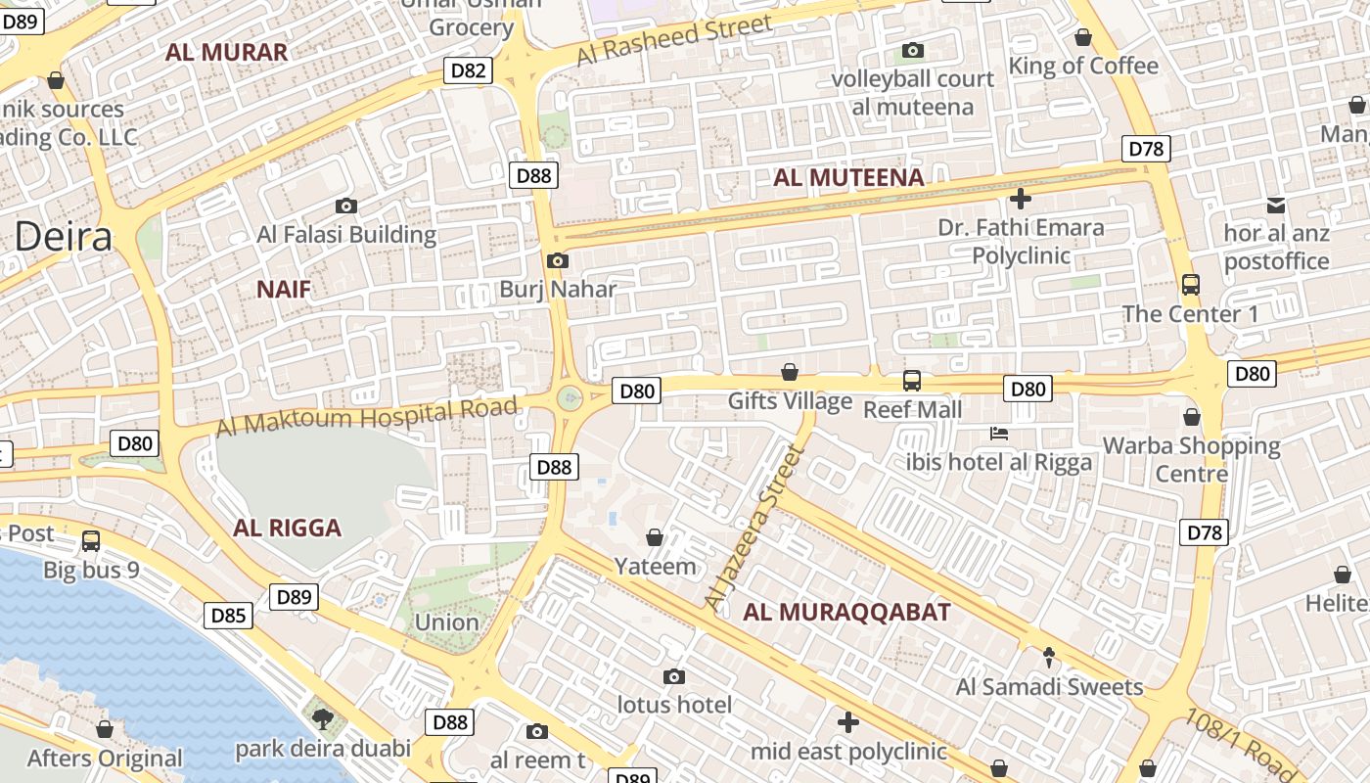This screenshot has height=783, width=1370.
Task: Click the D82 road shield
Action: [468, 69]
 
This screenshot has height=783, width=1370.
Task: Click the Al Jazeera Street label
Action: [753, 529]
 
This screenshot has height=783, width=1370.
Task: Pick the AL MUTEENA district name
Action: [848, 177]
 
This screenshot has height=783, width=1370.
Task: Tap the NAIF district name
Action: [284, 289]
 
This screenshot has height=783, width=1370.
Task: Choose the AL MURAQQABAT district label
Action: [846, 613]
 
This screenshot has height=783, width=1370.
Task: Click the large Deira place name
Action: [64, 236]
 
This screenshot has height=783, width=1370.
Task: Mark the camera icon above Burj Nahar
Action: [558, 260]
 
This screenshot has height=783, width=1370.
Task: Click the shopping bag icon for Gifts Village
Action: [790, 372]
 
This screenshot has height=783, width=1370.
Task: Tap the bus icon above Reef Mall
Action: [912, 380]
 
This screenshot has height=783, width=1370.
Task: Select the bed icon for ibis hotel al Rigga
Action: [999, 433]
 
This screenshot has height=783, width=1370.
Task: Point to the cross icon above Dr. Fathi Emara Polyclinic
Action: [1021, 199]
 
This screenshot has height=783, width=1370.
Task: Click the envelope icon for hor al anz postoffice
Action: [1276, 205]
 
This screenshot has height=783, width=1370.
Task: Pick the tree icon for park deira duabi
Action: [322, 719]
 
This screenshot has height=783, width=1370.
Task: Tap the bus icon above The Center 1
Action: [1190, 285]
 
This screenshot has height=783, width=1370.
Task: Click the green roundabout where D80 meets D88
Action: [570, 397]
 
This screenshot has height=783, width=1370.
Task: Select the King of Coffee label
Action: [1083, 66]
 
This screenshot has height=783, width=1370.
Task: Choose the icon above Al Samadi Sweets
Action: [1049, 657]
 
